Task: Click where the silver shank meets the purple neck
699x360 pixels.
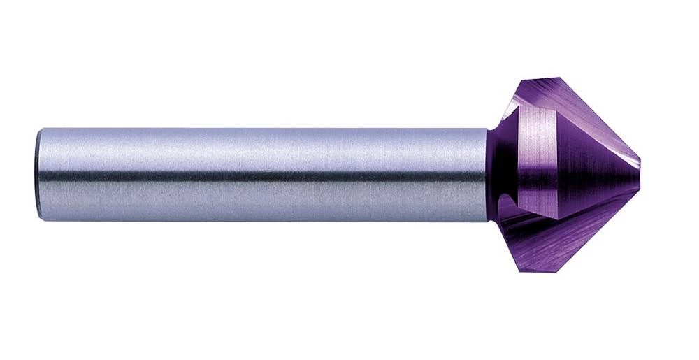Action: click(x=487, y=175)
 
